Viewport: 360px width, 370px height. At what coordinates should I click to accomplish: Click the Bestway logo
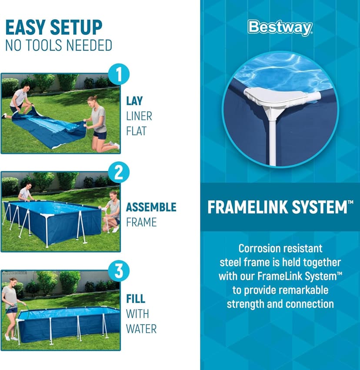tap(280, 27)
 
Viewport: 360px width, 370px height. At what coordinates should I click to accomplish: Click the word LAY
tap(135, 101)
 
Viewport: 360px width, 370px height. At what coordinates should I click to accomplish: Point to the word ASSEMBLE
tap(151, 207)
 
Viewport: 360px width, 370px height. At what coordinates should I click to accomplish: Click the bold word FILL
tap(136, 299)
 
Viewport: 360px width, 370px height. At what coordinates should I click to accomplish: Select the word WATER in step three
tap(141, 328)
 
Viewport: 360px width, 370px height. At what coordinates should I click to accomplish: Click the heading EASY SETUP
tap(53, 27)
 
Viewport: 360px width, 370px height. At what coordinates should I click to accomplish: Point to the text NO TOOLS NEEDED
tap(59, 45)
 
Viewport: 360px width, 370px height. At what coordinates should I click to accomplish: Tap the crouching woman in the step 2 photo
tap(113, 210)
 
